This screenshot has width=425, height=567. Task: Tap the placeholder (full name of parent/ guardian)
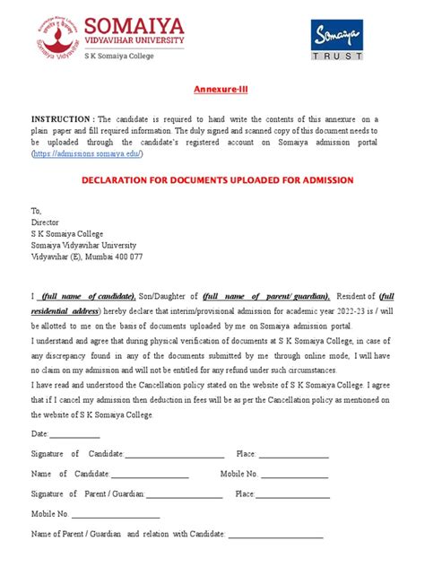pyautogui.click(x=265, y=296)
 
